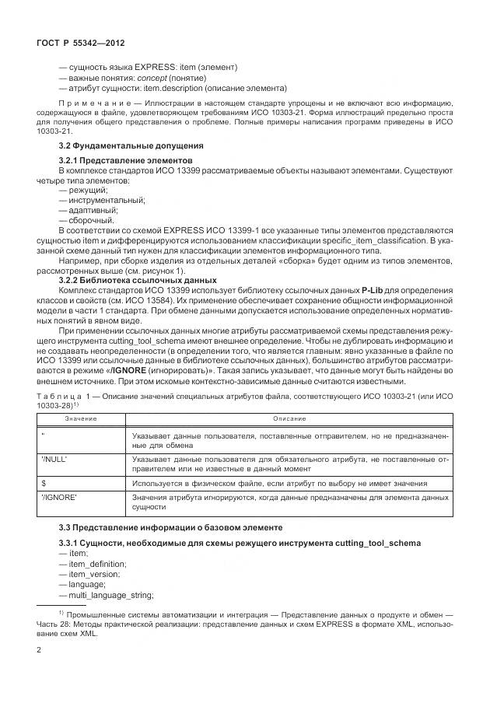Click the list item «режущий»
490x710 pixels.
pyautogui.click(x=88, y=190)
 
